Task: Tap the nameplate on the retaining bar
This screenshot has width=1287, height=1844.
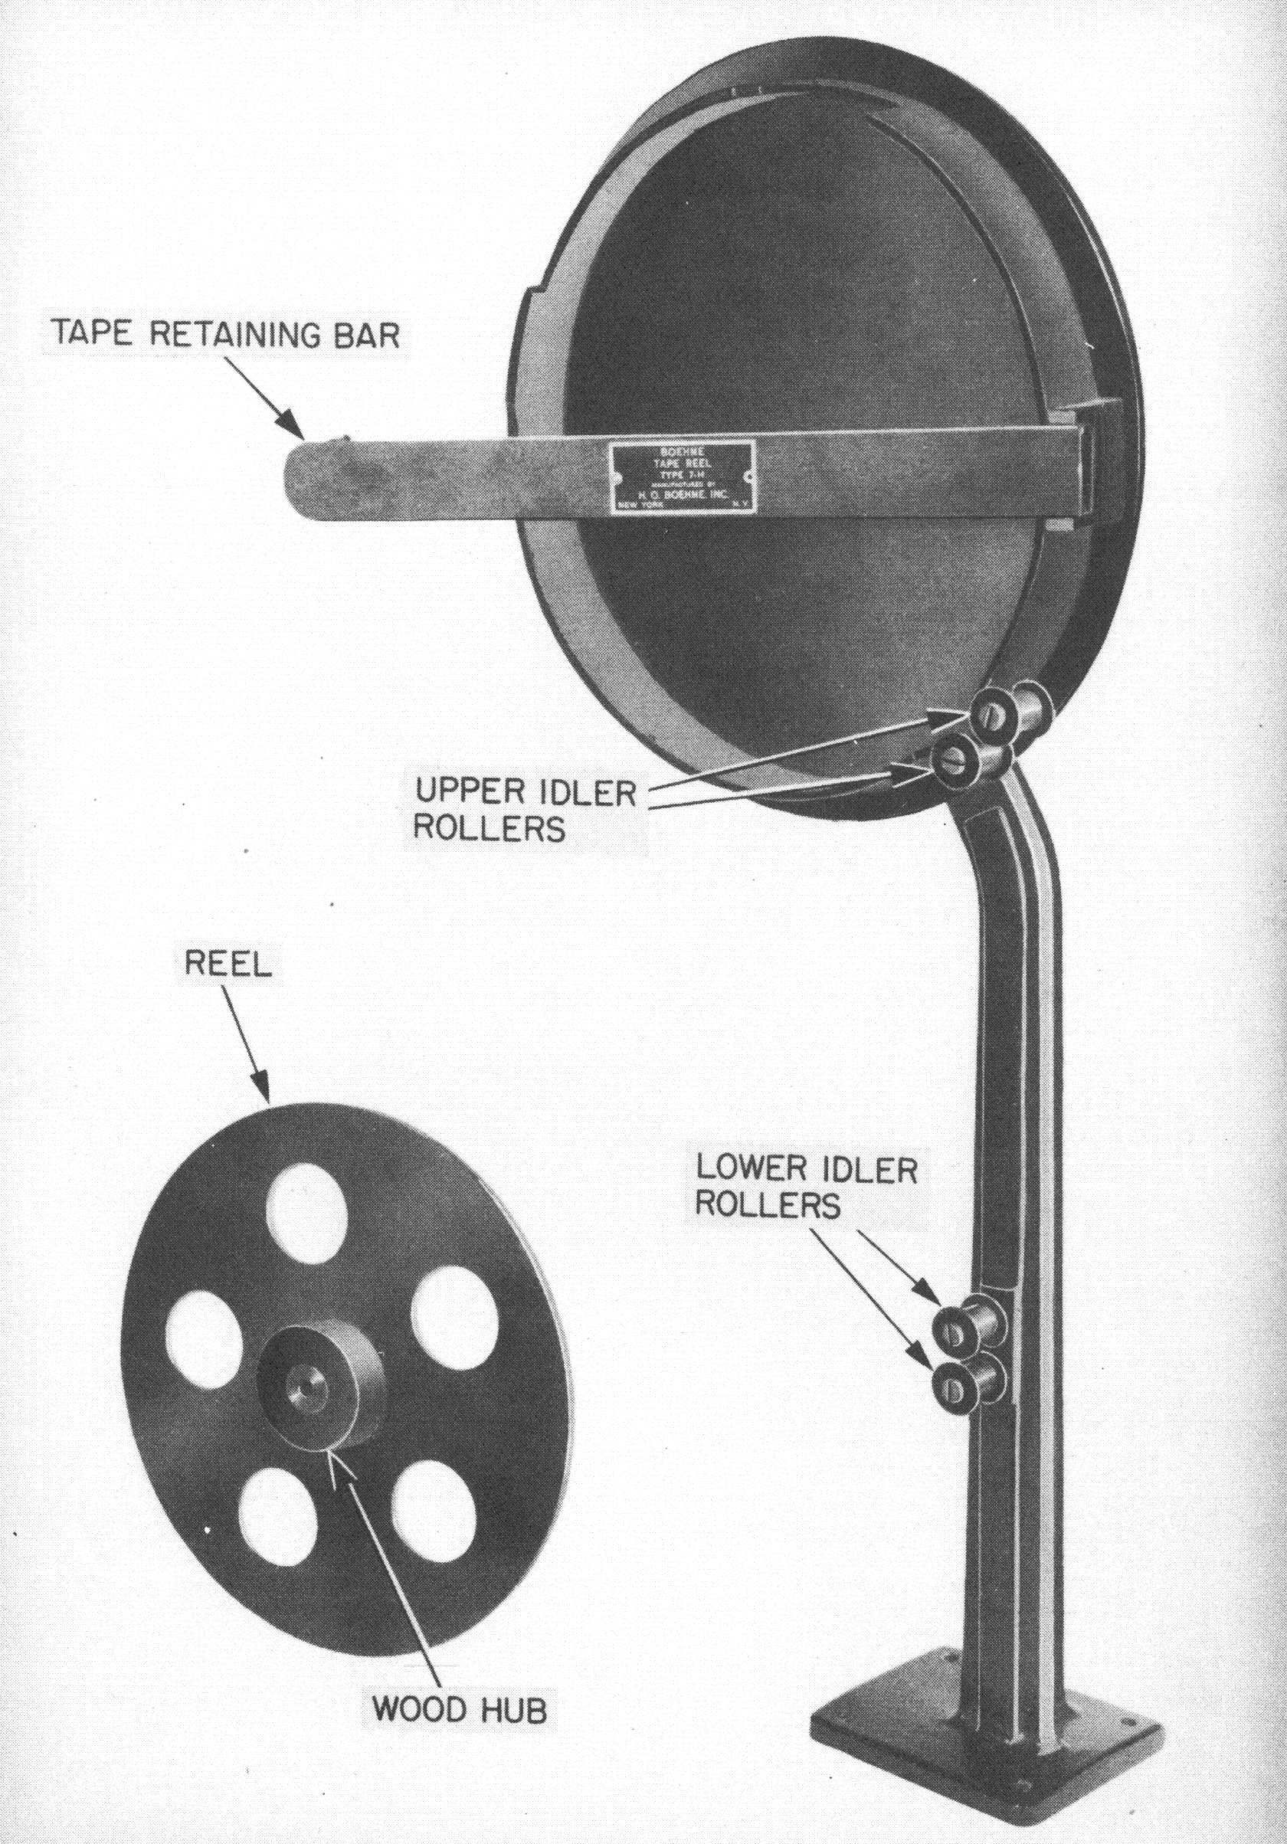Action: coord(683,477)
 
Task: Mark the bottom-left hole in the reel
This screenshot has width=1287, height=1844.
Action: coord(277,1511)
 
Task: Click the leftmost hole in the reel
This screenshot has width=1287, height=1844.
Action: coord(205,1335)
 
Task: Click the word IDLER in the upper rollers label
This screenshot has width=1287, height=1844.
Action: coord(589,793)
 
